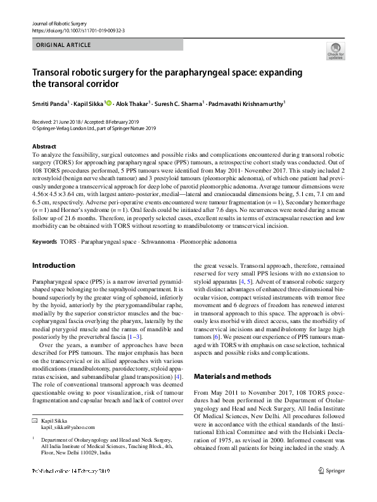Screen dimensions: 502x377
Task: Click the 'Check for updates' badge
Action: [x=335, y=52]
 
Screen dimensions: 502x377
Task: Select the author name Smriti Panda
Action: [x=50, y=103]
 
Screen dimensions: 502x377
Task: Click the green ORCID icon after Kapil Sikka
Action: [x=108, y=103]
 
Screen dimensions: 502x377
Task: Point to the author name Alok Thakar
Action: [x=132, y=103]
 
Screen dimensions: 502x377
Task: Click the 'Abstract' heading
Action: [x=44, y=146]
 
